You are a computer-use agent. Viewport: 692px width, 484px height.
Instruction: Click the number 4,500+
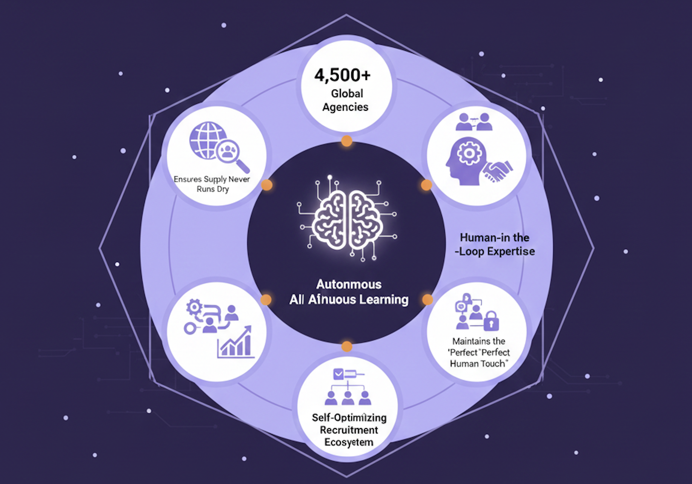pyautogui.click(x=343, y=75)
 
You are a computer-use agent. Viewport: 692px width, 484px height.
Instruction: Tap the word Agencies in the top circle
pyautogui.click(x=345, y=107)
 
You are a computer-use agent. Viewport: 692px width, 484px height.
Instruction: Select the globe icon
pyautogui.click(x=207, y=140)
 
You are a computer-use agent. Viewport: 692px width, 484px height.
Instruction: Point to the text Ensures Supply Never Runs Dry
pyautogui.click(x=212, y=184)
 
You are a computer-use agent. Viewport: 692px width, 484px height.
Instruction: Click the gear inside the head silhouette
pyautogui.click(x=469, y=152)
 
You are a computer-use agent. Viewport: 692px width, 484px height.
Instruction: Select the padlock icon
pyautogui.click(x=491, y=321)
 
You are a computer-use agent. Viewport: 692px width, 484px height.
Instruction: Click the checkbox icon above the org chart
pyautogui.click(x=339, y=374)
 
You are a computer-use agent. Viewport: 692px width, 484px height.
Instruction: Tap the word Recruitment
pyautogui.click(x=349, y=430)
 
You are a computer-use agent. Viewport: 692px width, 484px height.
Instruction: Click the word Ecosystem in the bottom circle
pyautogui.click(x=349, y=442)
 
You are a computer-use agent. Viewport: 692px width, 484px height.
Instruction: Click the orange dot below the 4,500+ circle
pyautogui.click(x=347, y=141)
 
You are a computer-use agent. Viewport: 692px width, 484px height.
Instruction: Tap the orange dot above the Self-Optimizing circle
pyautogui.click(x=347, y=346)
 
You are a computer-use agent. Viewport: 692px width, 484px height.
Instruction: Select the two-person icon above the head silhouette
pyautogui.click(x=474, y=122)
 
